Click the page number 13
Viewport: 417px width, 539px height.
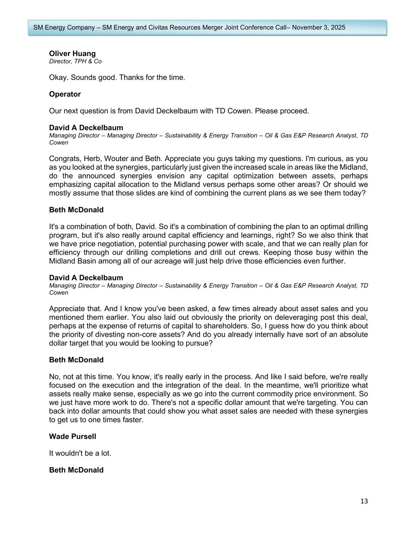(x=364, y=501)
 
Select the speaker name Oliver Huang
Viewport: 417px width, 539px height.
(x=72, y=54)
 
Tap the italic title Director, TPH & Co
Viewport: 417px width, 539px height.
(x=75, y=61)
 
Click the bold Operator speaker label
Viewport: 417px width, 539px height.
(x=65, y=94)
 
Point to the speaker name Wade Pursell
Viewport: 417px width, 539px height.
(x=72, y=436)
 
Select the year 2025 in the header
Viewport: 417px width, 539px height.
(x=337, y=28)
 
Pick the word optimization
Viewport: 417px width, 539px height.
(x=251, y=176)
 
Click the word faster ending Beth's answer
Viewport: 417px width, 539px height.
(x=132, y=420)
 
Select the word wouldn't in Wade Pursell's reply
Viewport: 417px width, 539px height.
(x=70, y=453)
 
